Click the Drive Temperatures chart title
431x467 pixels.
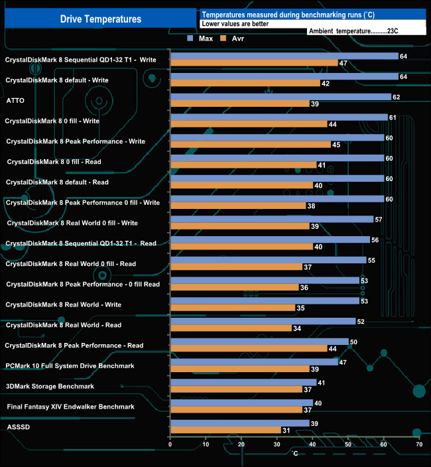click(101, 19)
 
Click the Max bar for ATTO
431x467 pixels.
click(280, 97)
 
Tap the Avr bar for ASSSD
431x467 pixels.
click(225, 431)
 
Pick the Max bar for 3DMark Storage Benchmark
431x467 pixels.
click(243, 383)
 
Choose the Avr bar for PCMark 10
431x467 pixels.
click(239, 369)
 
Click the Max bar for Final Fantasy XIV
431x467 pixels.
click(241, 403)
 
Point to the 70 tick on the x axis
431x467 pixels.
click(418, 444)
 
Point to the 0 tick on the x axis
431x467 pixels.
click(170, 444)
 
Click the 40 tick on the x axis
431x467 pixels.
click(312, 444)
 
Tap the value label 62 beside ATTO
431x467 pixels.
click(397, 97)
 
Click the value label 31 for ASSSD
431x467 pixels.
click(286, 431)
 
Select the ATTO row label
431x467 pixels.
click(15, 100)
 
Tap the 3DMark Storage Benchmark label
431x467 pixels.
click(50, 386)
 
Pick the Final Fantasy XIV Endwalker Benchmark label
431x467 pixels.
click(70, 407)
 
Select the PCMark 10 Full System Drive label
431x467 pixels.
click(70, 366)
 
